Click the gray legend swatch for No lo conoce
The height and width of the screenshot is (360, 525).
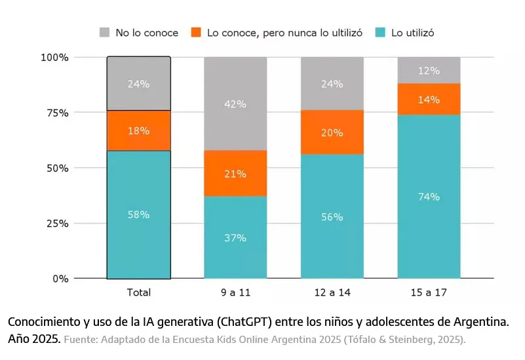104,32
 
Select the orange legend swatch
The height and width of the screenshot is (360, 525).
195,32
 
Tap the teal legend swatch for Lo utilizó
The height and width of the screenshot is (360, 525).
379,32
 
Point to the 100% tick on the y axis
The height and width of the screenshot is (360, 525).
54,58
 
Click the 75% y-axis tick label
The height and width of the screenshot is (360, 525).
56,113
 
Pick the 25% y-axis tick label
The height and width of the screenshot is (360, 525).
56,224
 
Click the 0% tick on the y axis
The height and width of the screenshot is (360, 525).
60,279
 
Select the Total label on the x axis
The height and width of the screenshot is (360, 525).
138,292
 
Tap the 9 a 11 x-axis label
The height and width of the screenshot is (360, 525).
235,292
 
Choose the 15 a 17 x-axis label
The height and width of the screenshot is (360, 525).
429,292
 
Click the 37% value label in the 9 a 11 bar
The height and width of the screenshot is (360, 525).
235,238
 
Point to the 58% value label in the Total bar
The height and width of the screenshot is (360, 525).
138,214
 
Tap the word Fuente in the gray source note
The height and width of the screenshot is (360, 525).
79,340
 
